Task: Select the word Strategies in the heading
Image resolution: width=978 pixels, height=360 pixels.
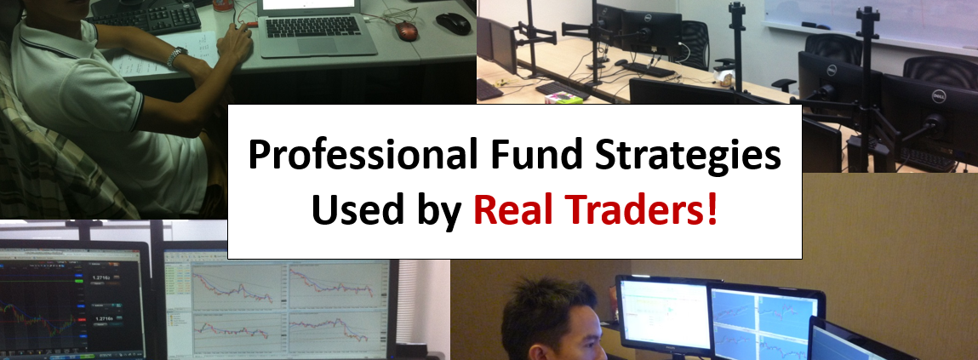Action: (x=688, y=157)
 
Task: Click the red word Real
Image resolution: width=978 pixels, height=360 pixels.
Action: (x=512, y=209)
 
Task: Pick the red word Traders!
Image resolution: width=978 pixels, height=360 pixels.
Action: (x=641, y=209)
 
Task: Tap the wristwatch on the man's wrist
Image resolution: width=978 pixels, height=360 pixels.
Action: (x=176, y=56)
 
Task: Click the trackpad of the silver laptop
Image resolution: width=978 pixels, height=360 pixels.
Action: (x=318, y=46)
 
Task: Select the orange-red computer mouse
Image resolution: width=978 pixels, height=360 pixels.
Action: (x=406, y=29)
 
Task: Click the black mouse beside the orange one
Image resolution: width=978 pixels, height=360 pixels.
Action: (x=454, y=23)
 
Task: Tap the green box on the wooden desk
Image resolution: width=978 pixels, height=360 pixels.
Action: (x=563, y=98)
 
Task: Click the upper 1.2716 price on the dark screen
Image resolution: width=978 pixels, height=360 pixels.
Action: (x=102, y=277)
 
